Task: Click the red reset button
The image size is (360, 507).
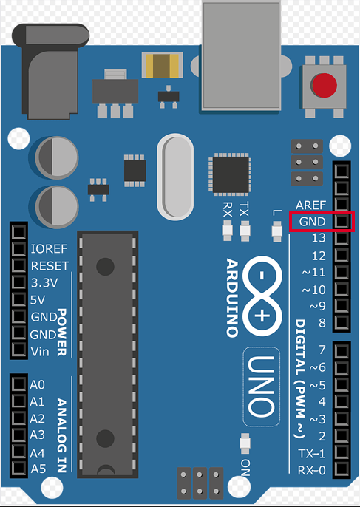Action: pos(325,85)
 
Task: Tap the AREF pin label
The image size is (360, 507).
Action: pos(310,205)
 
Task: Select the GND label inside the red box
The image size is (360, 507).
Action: pos(312,222)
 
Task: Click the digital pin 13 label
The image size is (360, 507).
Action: pos(319,238)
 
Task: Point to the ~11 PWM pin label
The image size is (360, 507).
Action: pos(313,272)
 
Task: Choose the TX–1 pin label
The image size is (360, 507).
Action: pos(311,453)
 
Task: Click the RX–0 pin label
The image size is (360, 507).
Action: pos(311,470)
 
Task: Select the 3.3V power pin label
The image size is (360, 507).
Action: pos(44,283)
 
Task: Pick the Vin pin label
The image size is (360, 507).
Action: pos(40,352)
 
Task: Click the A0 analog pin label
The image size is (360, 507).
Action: pos(37,385)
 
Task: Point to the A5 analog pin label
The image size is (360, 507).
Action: pos(38,469)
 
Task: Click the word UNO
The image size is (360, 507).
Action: pos(262,387)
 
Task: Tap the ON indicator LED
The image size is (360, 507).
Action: pos(245,443)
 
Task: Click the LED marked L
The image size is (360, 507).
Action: pos(277,231)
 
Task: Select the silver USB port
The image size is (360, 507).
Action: pos(241,56)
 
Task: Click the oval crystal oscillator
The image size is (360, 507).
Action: pos(175,177)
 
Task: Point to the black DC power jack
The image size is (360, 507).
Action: pos(50,71)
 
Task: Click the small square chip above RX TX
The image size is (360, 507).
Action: pos(231,174)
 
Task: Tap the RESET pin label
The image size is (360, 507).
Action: pos(50,266)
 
